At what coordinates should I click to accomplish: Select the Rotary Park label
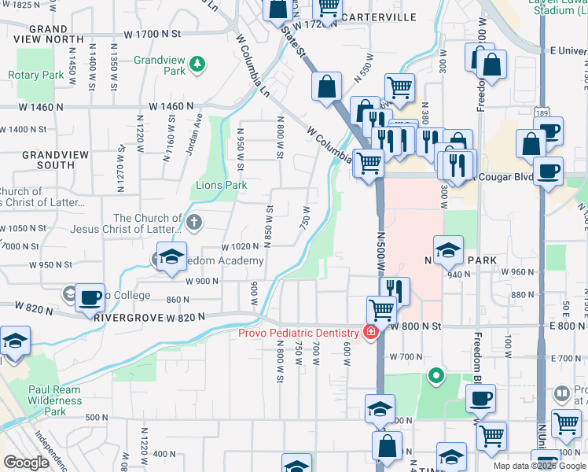35,75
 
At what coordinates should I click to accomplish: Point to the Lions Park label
221,186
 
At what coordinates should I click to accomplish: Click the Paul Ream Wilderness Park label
54,400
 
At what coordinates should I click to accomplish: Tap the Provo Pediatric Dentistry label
300,334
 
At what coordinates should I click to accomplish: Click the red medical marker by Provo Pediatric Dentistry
369,334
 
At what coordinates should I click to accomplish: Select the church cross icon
194,222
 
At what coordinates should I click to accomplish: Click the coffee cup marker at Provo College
90,297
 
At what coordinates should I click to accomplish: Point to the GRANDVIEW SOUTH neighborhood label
49,160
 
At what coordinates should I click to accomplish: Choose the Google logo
26,463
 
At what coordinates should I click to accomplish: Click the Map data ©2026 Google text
539,466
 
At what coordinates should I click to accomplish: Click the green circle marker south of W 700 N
435,376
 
